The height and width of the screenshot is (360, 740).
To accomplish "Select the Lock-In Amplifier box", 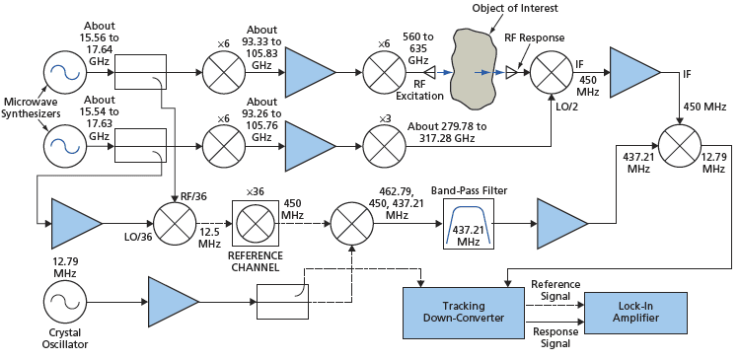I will coord(631,311).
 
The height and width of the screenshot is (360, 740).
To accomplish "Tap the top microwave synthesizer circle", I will coord(64,73).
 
